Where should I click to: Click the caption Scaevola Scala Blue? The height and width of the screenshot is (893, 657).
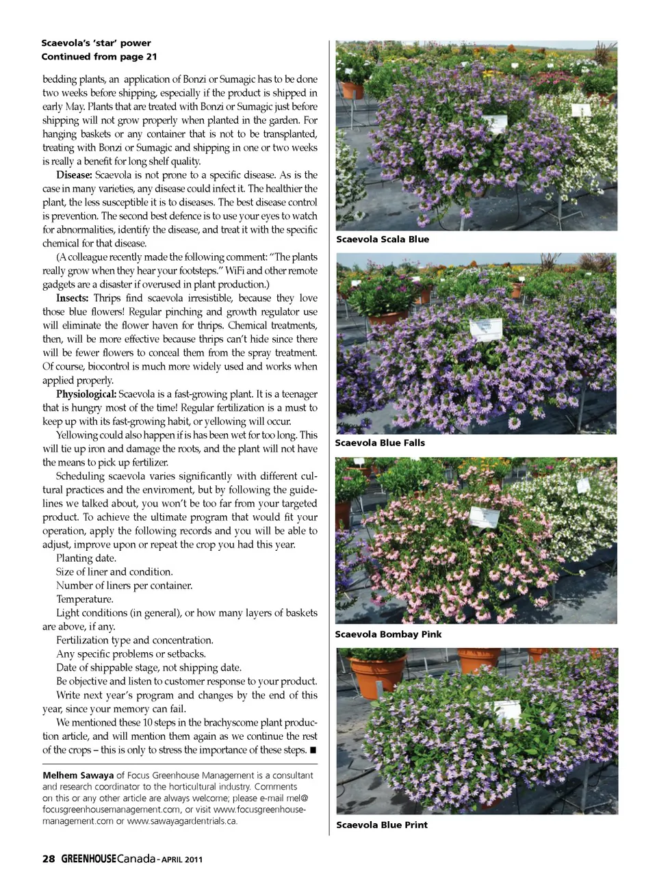(383, 240)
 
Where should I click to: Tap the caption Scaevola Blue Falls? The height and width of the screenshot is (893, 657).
(380, 443)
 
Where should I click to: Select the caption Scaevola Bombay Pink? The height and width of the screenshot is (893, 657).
(388, 634)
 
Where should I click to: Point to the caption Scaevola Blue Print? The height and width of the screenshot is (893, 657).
(382, 825)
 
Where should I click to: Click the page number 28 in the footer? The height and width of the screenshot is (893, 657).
(49, 859)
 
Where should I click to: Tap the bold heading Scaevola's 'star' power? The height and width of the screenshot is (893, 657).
(96, 43)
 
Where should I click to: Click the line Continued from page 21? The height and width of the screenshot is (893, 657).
(99, 57)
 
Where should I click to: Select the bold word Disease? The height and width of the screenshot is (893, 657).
(74, 175)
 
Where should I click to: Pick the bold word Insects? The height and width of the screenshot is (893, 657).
(72, 298)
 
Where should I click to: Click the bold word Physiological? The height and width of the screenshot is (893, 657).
(86, 394)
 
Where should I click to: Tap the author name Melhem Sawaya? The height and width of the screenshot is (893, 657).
(78, 775)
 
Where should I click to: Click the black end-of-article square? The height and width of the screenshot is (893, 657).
(313, 750)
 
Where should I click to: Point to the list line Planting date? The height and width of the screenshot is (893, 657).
(86, 558)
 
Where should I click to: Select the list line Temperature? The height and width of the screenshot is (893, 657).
(85, 599)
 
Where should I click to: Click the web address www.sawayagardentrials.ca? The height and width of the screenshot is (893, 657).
(182, 821)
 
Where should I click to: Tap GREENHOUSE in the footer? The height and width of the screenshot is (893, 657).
(88, 859)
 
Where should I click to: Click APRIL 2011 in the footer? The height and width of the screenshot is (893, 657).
(182, 859)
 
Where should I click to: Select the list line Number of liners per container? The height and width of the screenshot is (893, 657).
(124, 586)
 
